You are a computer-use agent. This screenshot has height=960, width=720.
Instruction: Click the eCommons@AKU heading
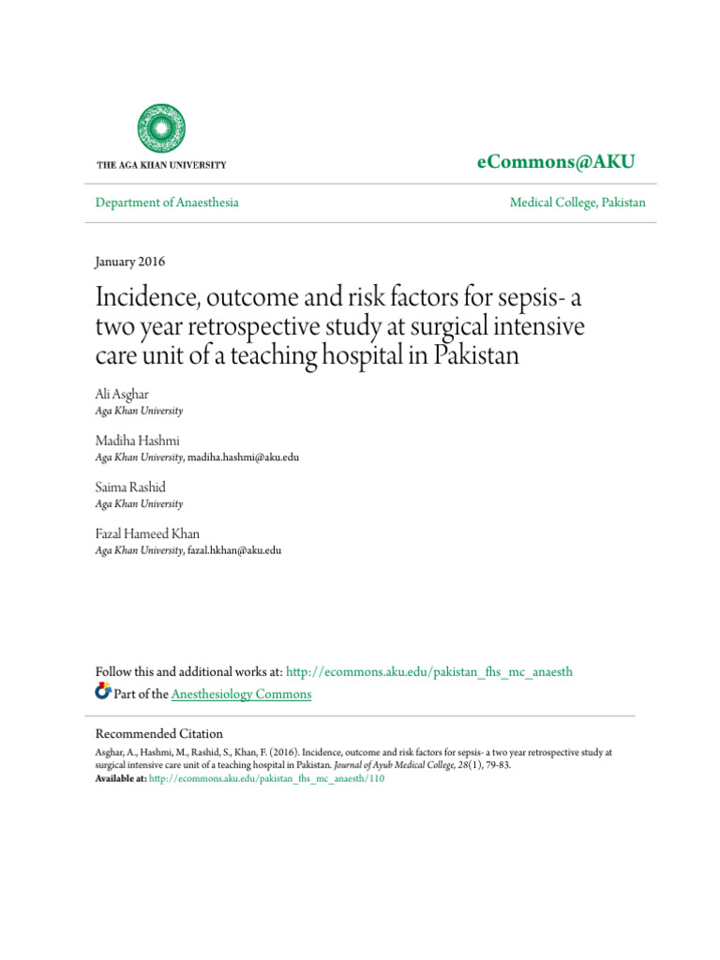coord(556,162)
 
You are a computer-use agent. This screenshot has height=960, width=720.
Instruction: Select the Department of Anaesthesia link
coord(168,202)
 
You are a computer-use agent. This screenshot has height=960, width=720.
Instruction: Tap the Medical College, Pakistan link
coord(577,202)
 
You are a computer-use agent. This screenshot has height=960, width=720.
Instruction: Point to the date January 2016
coord(130,262)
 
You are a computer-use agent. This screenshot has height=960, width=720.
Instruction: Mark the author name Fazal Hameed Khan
coord(148,532)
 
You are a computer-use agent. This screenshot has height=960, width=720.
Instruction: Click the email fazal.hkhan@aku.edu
coord(234,550)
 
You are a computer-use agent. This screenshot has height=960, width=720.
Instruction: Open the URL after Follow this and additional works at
coord(428,671)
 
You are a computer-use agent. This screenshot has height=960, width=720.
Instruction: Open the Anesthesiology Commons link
coord(242,694)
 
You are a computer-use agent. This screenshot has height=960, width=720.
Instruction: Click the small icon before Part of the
coord(103,693)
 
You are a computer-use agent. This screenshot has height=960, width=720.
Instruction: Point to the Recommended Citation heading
coord(159,733)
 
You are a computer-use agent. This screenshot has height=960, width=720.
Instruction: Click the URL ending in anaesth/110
coord(267,778)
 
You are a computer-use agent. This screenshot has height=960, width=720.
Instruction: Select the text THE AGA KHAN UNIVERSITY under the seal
coord(161,165)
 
